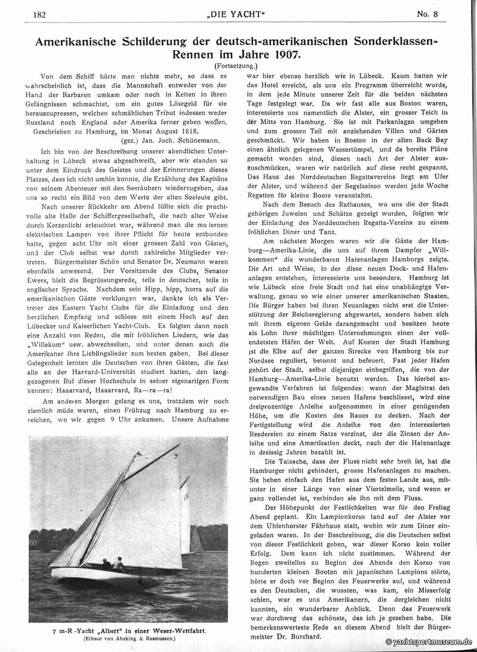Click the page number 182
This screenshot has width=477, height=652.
tap(41, 15)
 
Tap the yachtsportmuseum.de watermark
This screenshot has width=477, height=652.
tap(429, 642)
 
